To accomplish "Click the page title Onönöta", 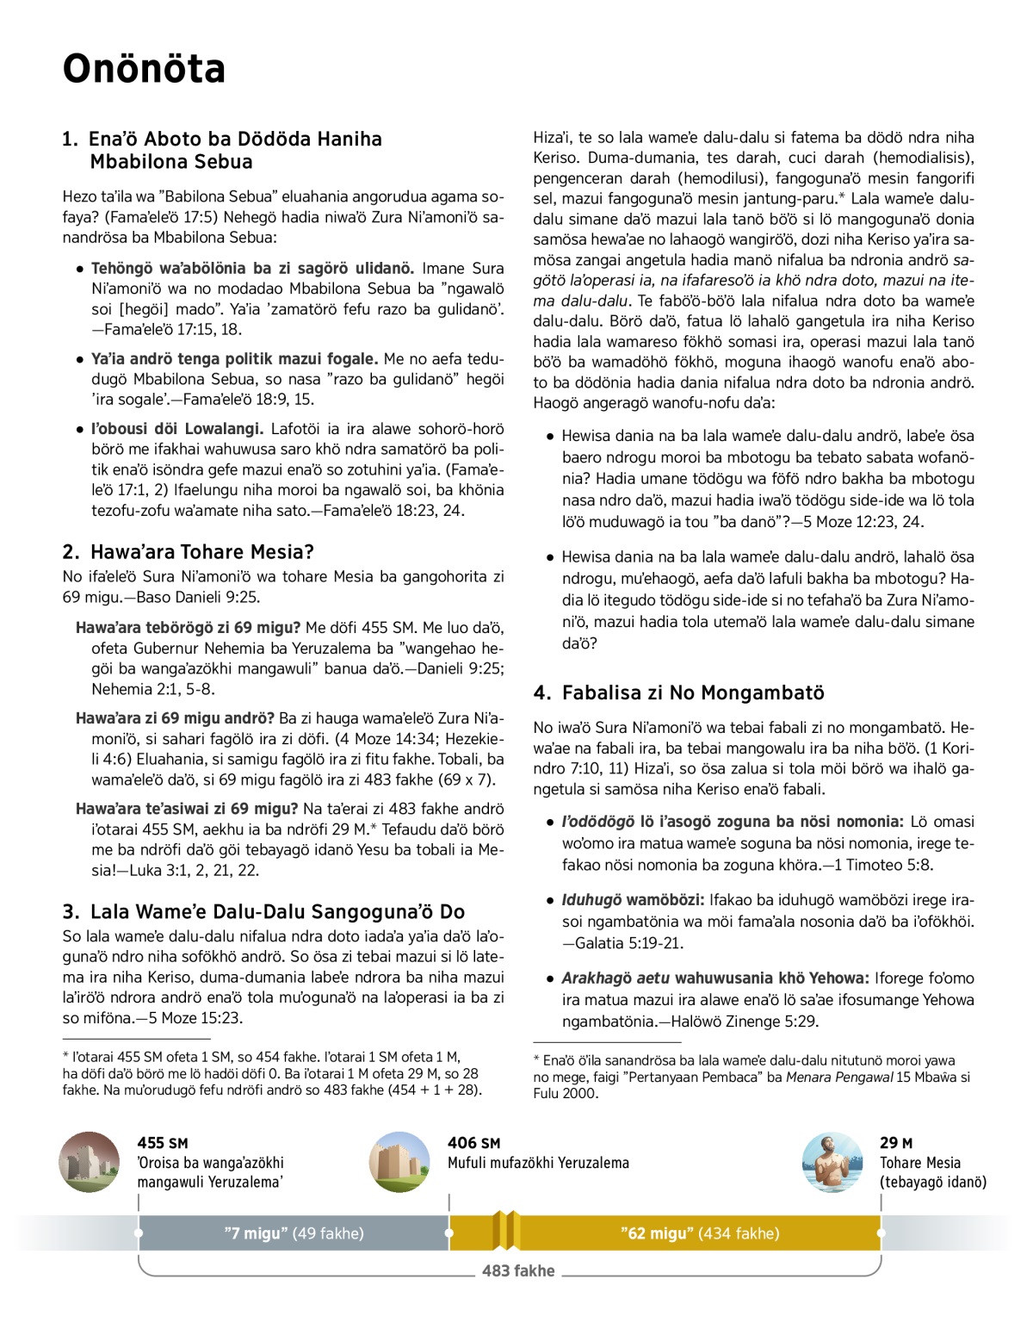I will pos(144,69).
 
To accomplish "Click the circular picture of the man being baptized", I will pos(832,1162).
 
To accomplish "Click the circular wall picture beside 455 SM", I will pos(90,1162).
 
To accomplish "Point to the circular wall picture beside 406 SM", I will pos(399,1162).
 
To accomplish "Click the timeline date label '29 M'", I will pos(895,1143).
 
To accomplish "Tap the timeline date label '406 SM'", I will pos(473,1143).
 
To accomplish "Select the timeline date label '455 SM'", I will pos(162,1143).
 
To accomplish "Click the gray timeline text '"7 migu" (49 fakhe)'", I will pos(294,1233).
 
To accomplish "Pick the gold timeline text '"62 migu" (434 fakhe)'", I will pos(699,1233).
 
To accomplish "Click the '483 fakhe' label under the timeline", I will pos(518,1270).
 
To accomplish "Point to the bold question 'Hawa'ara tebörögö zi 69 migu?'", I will pos(189,628).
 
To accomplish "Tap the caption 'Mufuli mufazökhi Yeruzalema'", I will pos(538,1163).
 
